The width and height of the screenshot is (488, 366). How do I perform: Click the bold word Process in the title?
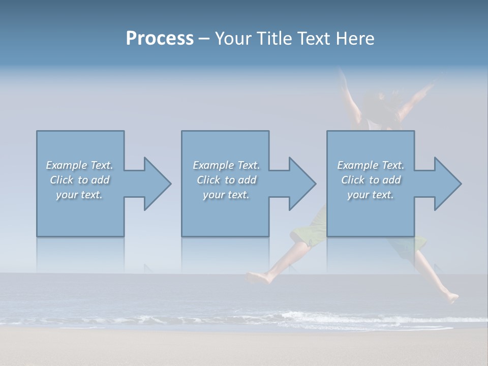click(x=160, y=39)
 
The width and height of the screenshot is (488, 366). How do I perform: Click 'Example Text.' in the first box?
click(x=79, y=165)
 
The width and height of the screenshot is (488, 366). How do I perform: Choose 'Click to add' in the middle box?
click(x=226, y=180)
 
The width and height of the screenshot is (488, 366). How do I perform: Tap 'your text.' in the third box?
click(x=370, y=195)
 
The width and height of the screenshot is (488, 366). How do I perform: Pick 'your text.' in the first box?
click(x=79, y=195)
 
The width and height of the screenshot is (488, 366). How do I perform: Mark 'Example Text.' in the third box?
click(x=371, y=165)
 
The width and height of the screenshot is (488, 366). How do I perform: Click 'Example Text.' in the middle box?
click(x=226, y=165)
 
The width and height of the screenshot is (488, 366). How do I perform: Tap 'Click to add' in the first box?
click(x=80, y=180)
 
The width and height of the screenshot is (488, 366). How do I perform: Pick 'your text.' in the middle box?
click(x=226, y=195)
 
